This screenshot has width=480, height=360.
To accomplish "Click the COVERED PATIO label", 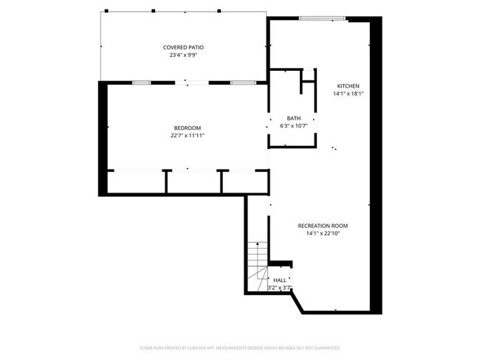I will pyautogui.click(x=183, y=47).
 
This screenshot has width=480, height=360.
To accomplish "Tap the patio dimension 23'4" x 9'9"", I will pyautogui.click(x=183, y=55).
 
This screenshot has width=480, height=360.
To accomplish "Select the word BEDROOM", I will pyautogui.click(x=187, y=128).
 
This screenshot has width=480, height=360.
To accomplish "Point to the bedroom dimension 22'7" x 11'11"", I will pyautogui.click(x=187, y=136).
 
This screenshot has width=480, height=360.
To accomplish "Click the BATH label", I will pyautogui.click(x=293, y=119).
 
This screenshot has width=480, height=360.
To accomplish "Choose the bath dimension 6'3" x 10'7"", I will pyautogui.click(x=293, y=126).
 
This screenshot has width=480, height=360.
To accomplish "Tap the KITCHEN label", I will pyautogui.click(x=348, y=86).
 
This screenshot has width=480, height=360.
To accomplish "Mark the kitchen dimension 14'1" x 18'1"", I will pyautogui.click(x=348, y=94).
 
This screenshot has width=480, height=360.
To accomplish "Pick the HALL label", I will pyautogui.click(x=280, y=280).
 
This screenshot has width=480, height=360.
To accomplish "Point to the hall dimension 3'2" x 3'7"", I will pyautogui.click(x=280, y=288).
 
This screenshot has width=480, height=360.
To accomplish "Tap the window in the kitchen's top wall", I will pyautogui.click(x=322, y=18).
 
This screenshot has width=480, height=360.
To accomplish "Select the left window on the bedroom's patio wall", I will pyautogui.click(x=141, y=83).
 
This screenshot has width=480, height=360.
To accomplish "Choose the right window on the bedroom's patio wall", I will pyautogui.click(x=239, y=83).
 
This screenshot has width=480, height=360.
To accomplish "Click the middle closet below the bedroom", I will pyautogui.click(x=193, y=181).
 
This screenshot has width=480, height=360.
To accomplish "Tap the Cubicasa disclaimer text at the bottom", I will pyautogui.click(x=239, y=347).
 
